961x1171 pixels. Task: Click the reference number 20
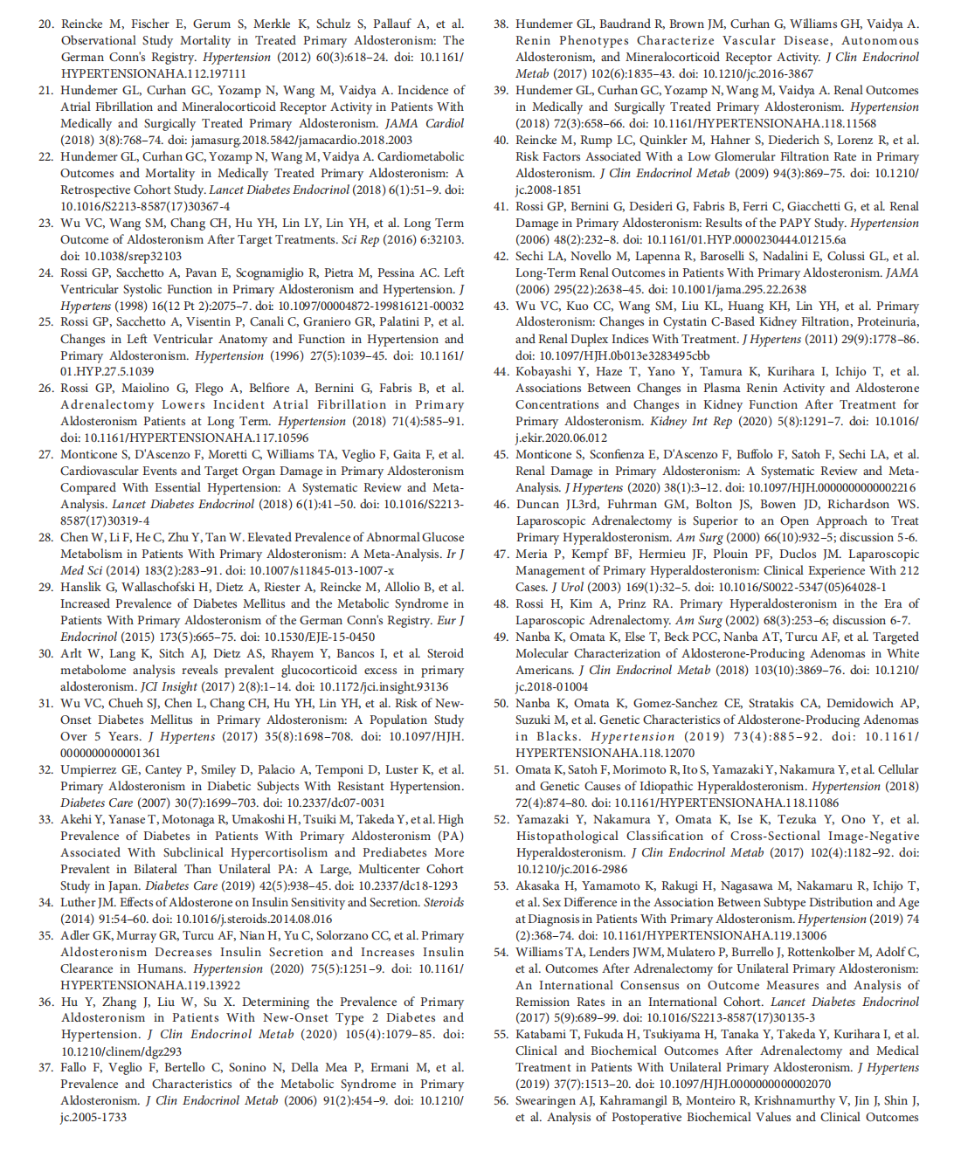pyautogui.click(x=45, y=24)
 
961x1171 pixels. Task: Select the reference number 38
pyautogui.click(x=500, y=24)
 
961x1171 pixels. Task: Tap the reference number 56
pyautogui.click(x=500, y=1100)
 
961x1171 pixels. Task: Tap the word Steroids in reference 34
pyautogui.click(x=442, y=903)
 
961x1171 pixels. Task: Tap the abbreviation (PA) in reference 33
pyautogui.click(x=449, y=837)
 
